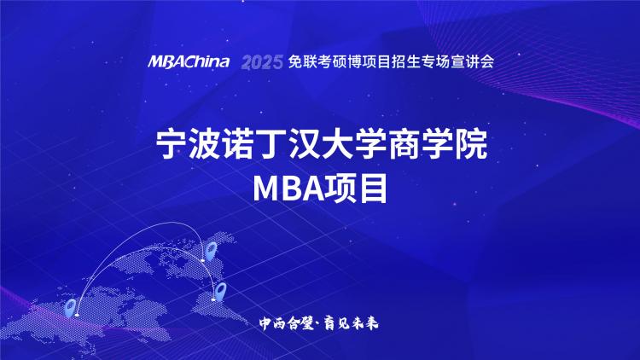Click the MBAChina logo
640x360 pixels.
[x=189, y=61]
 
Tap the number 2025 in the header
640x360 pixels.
[x=262, y=62]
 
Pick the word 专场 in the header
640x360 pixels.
[x=435, y=61]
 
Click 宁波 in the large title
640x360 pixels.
[x=189, y=144]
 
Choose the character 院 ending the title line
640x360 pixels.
[x=471, y=144]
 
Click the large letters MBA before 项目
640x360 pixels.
[x=288, y=189]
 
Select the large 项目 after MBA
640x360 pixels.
[x=356, y=189]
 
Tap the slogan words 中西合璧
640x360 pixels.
[x=286, y=323]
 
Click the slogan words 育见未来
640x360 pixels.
[x=352, y=323]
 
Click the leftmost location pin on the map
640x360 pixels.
[x=71, y=308]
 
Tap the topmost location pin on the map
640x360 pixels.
[x=211, y=250]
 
